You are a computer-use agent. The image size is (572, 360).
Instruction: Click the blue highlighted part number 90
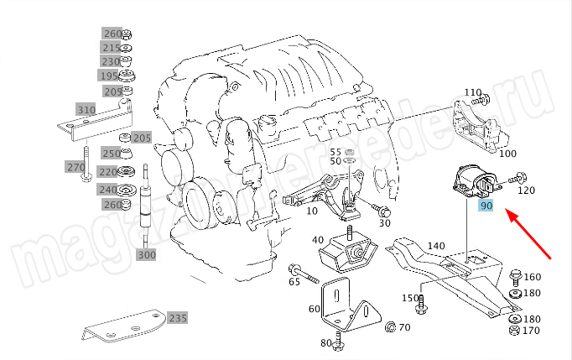pos(486,204)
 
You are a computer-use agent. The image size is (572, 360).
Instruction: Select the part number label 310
pos(86,110)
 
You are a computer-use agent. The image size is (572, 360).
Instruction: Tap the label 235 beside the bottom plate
pos(177,318)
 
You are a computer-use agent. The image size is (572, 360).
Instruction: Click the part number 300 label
pos(146,254)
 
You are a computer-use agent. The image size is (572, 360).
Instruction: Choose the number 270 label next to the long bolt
pos(75,167)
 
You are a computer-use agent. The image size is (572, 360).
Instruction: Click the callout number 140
pos(436,246)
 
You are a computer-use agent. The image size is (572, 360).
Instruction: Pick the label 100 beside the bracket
pos(507,154)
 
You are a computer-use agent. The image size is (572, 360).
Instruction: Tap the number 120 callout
pos(526,190)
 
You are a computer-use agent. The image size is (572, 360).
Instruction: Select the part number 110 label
pos(472,91)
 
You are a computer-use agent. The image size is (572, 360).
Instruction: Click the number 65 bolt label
pos(294,283)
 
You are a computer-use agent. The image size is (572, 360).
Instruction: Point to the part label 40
pos(318,241)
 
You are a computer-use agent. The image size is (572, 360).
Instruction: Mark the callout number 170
pos(531,331)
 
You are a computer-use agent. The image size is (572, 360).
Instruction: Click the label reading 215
pos(112,48)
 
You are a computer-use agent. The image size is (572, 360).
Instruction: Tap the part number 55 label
pos(335,151)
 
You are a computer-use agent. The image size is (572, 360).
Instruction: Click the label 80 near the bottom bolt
pos(325,342)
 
